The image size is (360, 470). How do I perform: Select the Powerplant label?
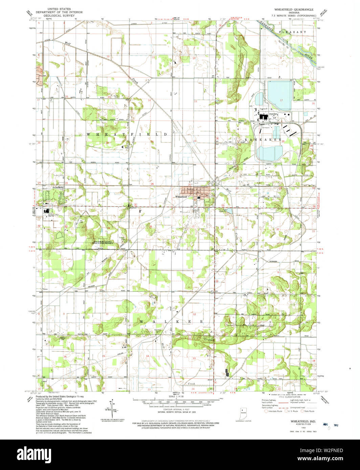273,114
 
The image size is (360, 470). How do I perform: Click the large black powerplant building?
263,117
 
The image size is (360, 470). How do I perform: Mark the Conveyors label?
264,127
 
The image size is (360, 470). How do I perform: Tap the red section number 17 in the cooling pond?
281,100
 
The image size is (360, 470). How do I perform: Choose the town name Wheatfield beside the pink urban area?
181,196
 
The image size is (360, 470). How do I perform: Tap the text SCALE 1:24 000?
179,396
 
